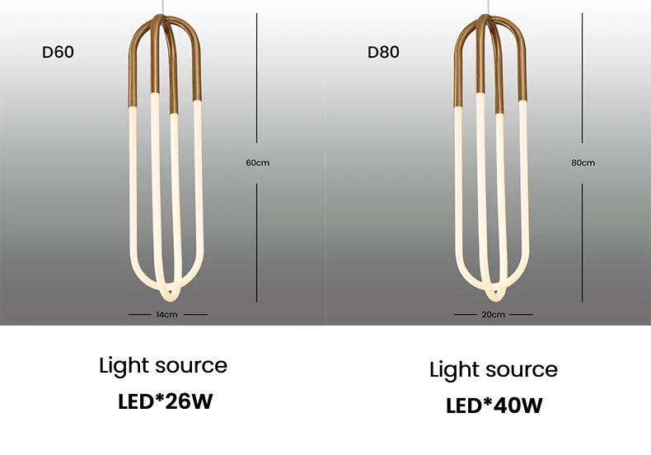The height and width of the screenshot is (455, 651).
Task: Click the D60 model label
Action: pos(58,53)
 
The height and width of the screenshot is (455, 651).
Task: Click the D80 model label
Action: pos(383,53)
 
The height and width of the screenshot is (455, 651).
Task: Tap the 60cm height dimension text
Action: pos(257,162)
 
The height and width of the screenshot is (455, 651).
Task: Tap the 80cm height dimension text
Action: pos(583,162)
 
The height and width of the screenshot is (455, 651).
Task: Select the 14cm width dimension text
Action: pos(166,315)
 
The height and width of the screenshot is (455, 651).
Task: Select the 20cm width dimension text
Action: pos(493,315)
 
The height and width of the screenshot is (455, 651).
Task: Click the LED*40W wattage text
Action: pos(494,406)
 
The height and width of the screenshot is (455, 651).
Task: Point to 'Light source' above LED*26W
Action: pos(163,365)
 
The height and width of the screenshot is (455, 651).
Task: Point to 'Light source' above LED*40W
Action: pos(494,369)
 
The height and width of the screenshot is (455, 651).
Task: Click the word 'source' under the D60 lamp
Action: pos(189,365)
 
